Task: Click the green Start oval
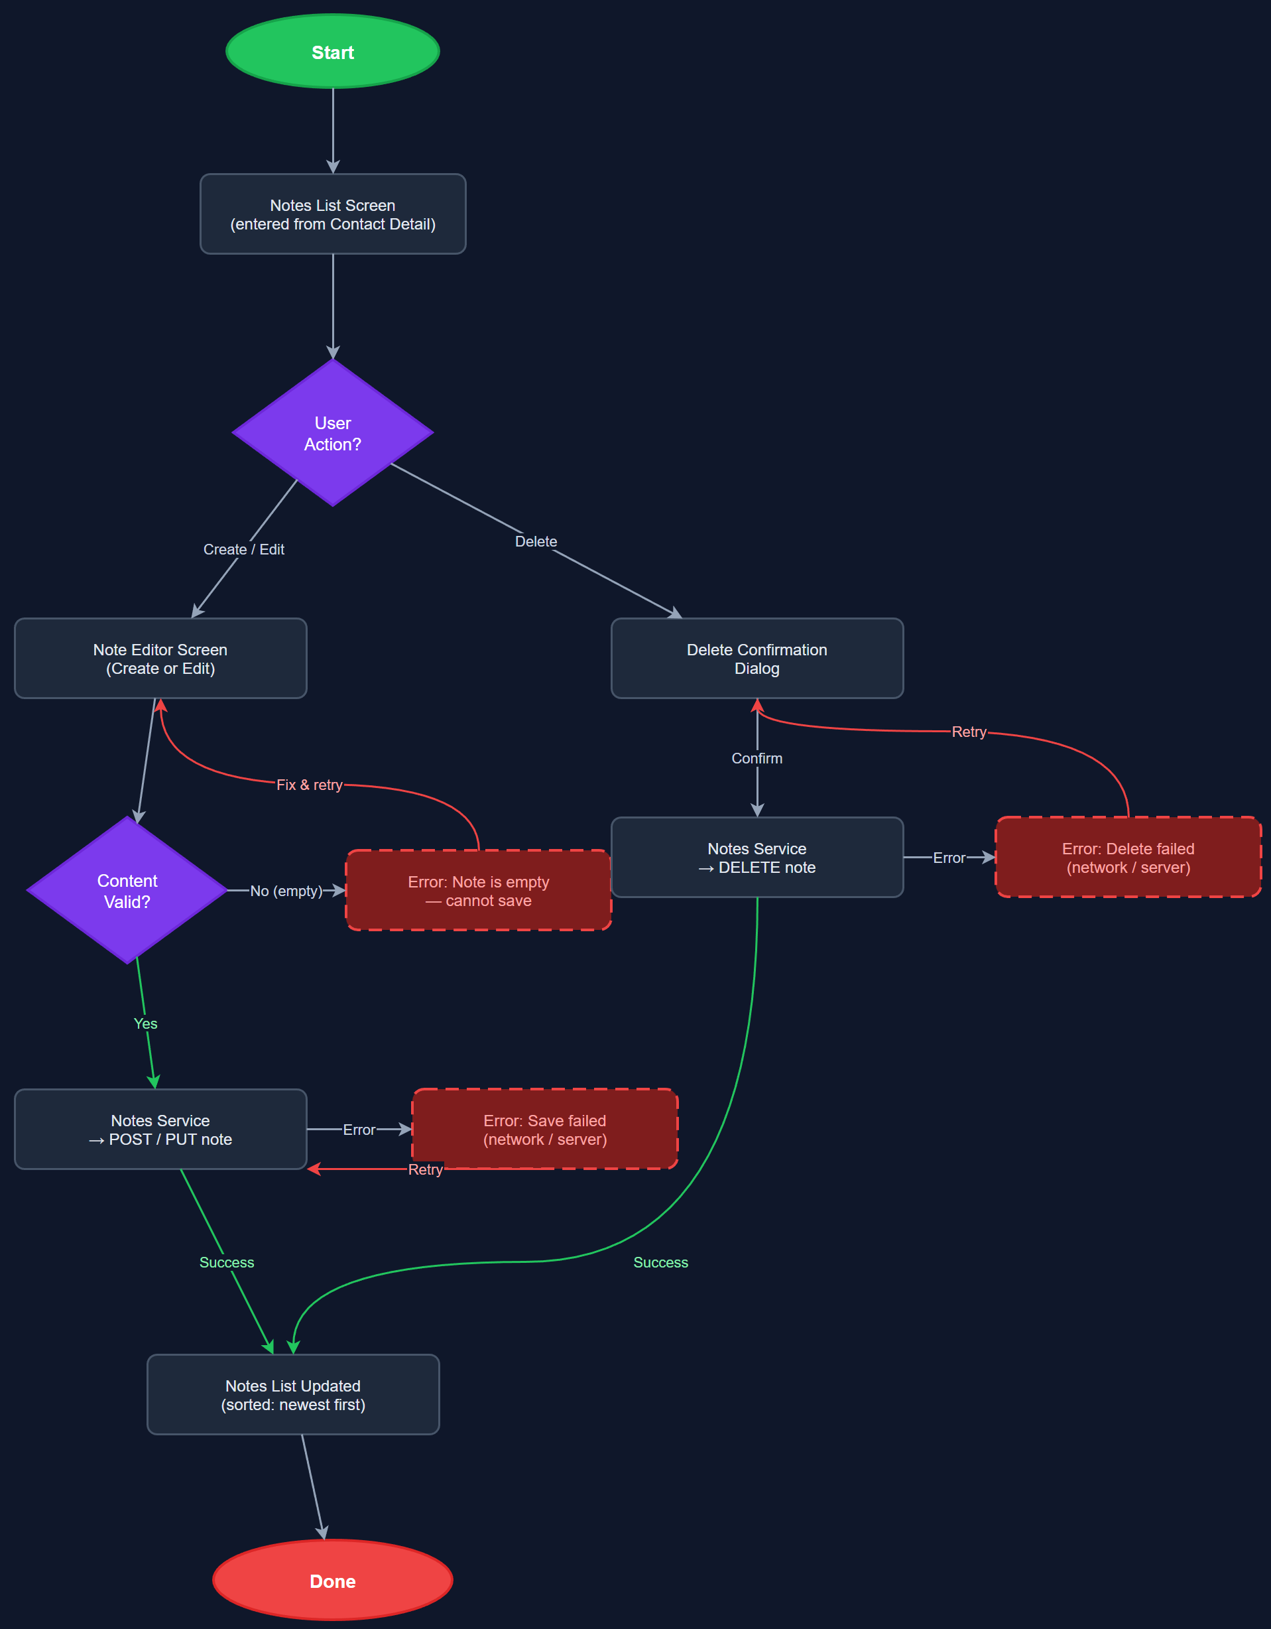pyautogui.click(x=332, y=52)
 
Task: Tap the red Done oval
pyautogui.click(x=332, y=1581)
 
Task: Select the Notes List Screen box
pyautogui.click(x=332, y=214)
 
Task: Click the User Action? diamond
pyautogui.click(x=332, y=432)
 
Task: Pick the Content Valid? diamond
pyautogui.click(x=127, y=891)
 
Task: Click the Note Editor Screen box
pyautogui.click(x=160, y=659)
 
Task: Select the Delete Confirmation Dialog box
pyautogui.click(x=757, y=659)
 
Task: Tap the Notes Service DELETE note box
pyautogui.click(x=757, y=858)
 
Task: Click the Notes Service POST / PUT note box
pyautogui.click(x=160, y=1130)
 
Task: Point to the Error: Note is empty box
pyautogui.click(x=478, y=891)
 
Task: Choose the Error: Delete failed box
pyautogui.click(x=1128, y=858)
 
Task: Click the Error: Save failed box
pyautogui.click(x=544, y=1130)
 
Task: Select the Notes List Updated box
pyautogui.click(x=293, y=1395)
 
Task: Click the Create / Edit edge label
pyautogui.click(x=244, y=550)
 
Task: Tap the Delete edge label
pyautogui.click(x=536, y=541)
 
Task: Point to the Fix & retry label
pyautogui.click(x=310, y=785)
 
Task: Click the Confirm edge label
pyautogui.click(x=757, y=759)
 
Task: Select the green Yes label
pyautogui.click(x=145, y=1023)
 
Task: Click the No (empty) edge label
pyautogui.click(x=286, y=891)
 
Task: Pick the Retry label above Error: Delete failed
pyautogui.click(x=969, y=732)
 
